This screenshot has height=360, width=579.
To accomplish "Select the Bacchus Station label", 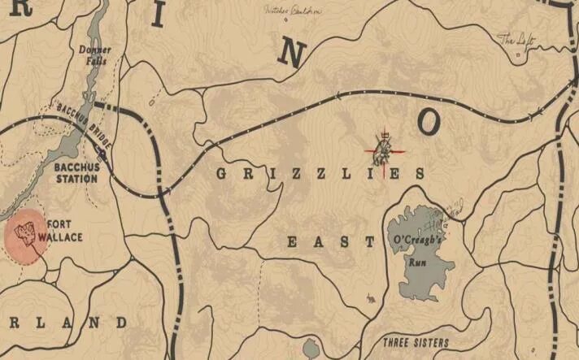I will point(76,174).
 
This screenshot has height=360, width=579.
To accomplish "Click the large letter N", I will point(292,55).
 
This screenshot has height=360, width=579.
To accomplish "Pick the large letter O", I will point(429,123).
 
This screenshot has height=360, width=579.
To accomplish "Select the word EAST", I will point(330,241).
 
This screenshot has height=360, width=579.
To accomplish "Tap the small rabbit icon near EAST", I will point(371,299).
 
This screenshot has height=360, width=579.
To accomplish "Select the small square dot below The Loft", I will point(518,54).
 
